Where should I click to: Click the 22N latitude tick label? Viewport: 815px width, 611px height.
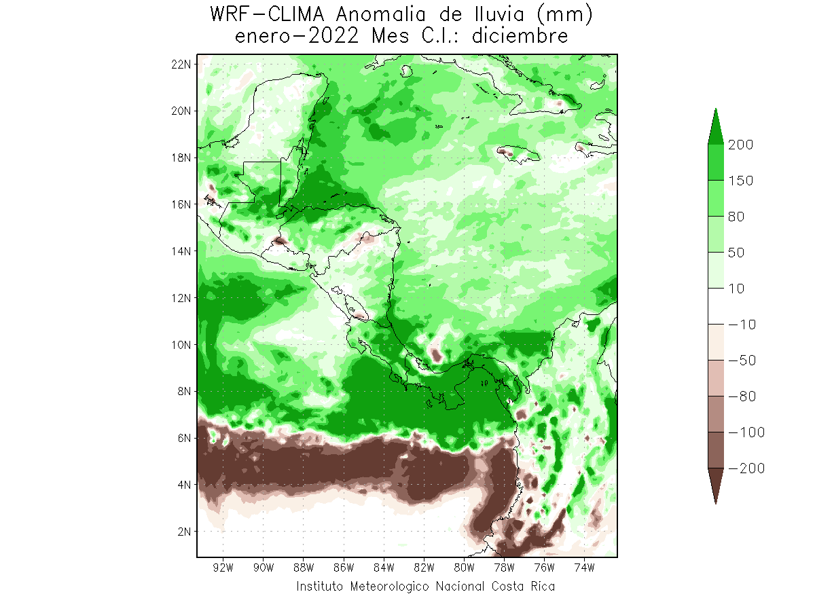coord(181,64)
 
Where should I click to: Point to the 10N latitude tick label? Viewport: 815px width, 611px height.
coord(181,345)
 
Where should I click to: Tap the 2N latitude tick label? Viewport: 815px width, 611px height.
coord(184,532)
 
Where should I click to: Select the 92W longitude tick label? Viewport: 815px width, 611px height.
coord(223,568)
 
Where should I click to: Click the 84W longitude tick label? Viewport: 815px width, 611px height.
coord(384,568)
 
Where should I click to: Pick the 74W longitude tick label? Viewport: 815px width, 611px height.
coord(585,568)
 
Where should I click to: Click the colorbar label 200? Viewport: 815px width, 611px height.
coord(740,145)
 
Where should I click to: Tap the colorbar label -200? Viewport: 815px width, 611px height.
coord(746,468)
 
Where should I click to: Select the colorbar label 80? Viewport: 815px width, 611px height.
coord(736,217)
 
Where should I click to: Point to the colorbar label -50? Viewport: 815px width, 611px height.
coord(742,360)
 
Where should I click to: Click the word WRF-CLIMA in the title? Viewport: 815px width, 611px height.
coord(268,15)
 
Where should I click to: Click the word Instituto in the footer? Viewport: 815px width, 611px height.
coord(319,587)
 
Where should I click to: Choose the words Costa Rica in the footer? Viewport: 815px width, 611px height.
coord(523,587)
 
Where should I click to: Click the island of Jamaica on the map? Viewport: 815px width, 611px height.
coord(519,154)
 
